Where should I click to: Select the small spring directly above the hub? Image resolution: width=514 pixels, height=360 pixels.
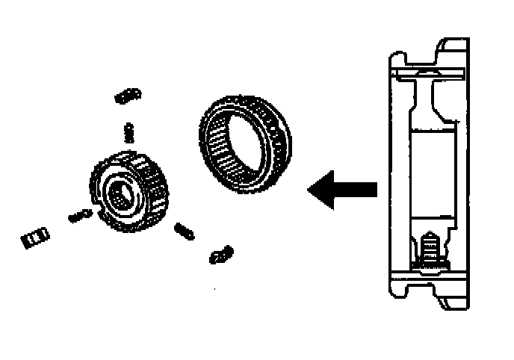click(128, 132)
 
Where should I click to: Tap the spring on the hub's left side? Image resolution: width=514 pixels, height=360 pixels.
click(79, 215)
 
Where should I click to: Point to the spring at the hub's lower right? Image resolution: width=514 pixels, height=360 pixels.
click(183, 231)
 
